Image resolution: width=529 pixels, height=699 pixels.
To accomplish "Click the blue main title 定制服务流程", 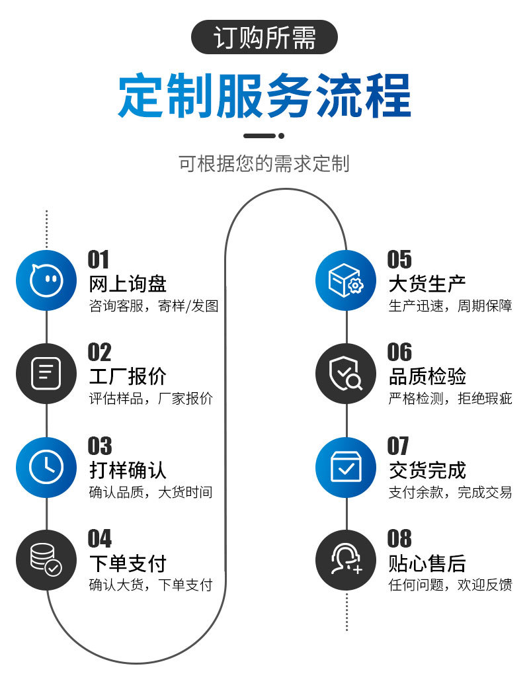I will pyautogui.click(x=264, y=97).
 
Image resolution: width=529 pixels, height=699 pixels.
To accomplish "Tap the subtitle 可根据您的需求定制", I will pyautogui.click(x=264, y=163).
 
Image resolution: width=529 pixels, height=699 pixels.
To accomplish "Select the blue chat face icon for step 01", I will pyautogui.click(x=46, y=280).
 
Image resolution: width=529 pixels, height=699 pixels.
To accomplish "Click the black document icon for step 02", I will pyautogui.click(x=46, y=374).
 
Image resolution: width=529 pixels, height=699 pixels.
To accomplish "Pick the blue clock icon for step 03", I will pyautogui.click(x=46, y=467).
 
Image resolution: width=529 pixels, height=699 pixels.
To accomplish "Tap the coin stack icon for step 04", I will pyautogui.click(x=46, y=559).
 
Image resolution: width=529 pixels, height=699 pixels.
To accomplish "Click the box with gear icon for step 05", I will pyautogui.click(x=346, y=280).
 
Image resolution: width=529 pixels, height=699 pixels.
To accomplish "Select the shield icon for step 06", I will pyautogui.click(x=346, y=374).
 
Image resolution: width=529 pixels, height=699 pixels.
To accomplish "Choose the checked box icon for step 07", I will pyautogui.click(x=346, y=467).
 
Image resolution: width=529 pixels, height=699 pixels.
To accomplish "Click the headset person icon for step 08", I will pyautogui.click(x=346, y=559).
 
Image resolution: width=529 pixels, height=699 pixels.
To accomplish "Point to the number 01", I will pyautogui.click(x=99, y=260).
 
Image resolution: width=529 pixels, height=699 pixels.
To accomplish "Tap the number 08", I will pyautogui.click(x=399, y=539).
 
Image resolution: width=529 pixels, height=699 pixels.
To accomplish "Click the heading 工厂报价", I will pyautogui.click(x=128, y=377).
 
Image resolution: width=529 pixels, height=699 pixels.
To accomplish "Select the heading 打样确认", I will pyautogui.click(x=128, y=470).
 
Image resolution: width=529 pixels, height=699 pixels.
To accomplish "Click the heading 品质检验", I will pyautogui.click(x=427, y=377).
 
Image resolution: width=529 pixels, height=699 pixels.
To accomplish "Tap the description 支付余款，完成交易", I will pyautogui.click(x=450, y=492).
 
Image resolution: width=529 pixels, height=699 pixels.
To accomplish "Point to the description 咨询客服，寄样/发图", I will pyautogui.click(x=153, y=306).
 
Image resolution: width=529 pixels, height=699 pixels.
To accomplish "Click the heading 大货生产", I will pyautogui.click(x=427, y=284).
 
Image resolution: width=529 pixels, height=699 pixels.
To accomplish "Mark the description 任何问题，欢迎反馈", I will pyautogui.click(x=450, y=585).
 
